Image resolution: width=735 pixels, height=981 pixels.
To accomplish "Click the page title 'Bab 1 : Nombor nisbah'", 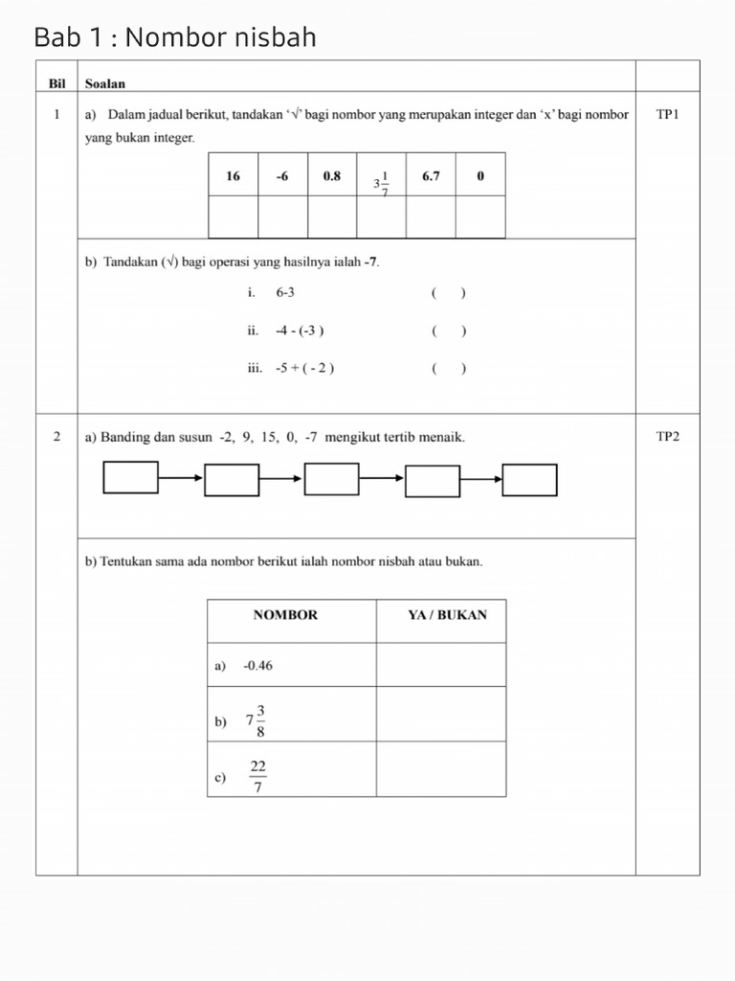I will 174,37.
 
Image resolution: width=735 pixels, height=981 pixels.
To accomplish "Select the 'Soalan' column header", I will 104,83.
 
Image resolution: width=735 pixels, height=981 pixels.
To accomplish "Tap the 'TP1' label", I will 667,114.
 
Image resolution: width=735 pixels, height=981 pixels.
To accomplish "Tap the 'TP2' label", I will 667,437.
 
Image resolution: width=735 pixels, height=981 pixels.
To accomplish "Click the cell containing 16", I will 233,175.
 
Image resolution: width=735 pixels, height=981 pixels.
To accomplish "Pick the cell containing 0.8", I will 332,175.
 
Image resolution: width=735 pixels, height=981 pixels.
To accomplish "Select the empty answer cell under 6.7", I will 431,217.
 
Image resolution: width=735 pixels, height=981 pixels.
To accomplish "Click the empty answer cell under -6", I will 282,217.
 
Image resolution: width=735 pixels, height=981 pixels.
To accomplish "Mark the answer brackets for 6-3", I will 448,293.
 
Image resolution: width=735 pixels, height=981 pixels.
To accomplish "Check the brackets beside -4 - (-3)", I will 448,331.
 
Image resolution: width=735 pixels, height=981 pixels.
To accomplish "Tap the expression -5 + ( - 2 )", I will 304,368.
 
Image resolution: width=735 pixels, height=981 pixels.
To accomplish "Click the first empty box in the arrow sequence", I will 131,477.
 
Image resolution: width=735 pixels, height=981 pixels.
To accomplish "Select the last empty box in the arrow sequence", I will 529,480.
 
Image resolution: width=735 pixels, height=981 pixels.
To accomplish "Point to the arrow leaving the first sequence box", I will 181,477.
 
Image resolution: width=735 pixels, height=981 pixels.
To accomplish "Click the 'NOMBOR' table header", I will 285,615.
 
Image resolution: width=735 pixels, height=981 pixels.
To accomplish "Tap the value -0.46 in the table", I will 257,665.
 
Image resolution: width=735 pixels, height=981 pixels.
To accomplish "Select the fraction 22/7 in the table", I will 257,776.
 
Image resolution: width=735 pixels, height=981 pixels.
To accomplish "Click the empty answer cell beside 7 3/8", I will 441,714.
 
